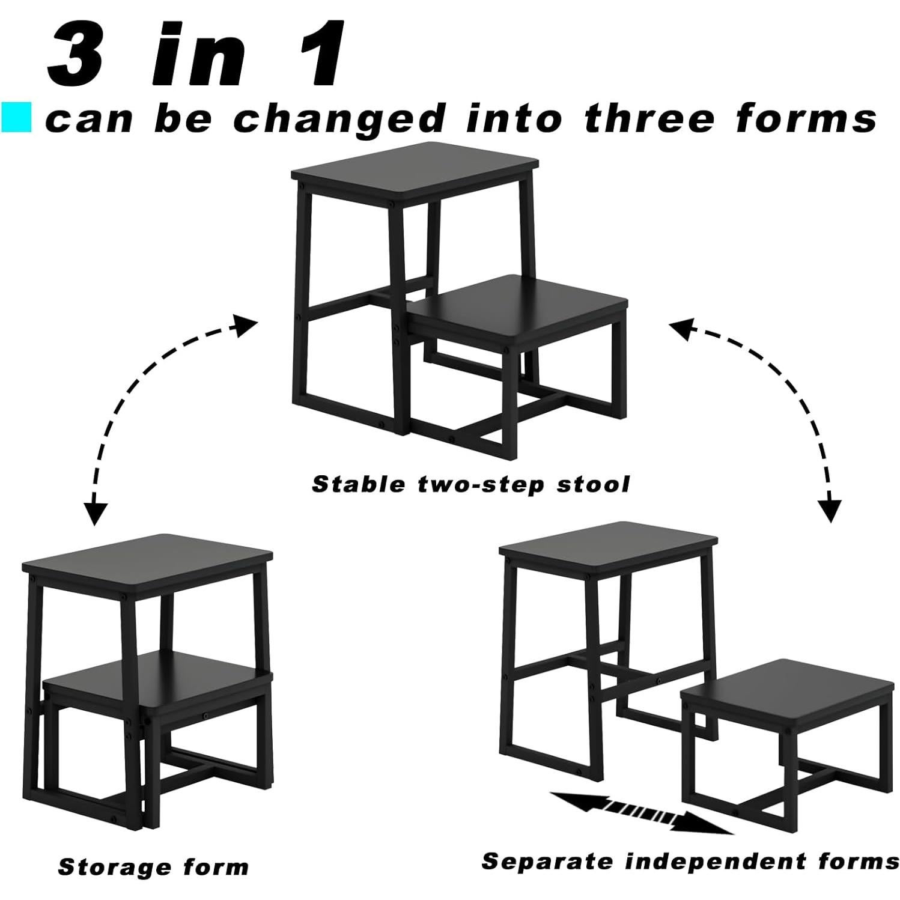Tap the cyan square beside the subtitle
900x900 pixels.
tap(16, 118)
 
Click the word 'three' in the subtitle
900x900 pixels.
tap(649, 118)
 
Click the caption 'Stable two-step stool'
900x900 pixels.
tap(470, 484)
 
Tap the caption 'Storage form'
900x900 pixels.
tap(153, 867)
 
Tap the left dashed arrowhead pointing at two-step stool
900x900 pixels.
tap(245, 326)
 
